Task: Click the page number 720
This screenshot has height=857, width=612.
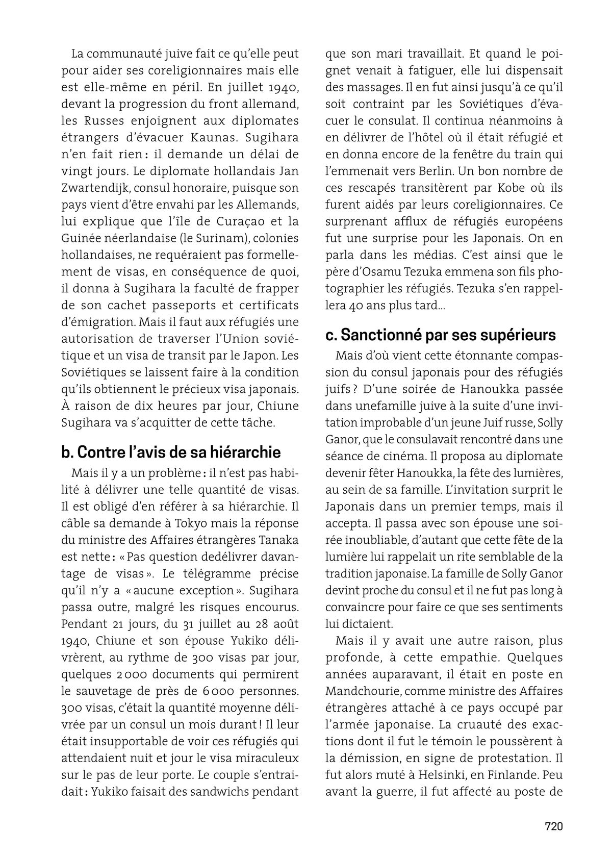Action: (553, 826)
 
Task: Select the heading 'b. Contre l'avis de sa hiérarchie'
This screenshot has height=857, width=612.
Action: (171, 452)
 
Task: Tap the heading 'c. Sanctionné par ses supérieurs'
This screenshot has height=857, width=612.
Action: (440, 335)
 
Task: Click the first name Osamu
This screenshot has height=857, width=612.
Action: (386, 272)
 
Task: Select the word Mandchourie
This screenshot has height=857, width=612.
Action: (359, 691)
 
